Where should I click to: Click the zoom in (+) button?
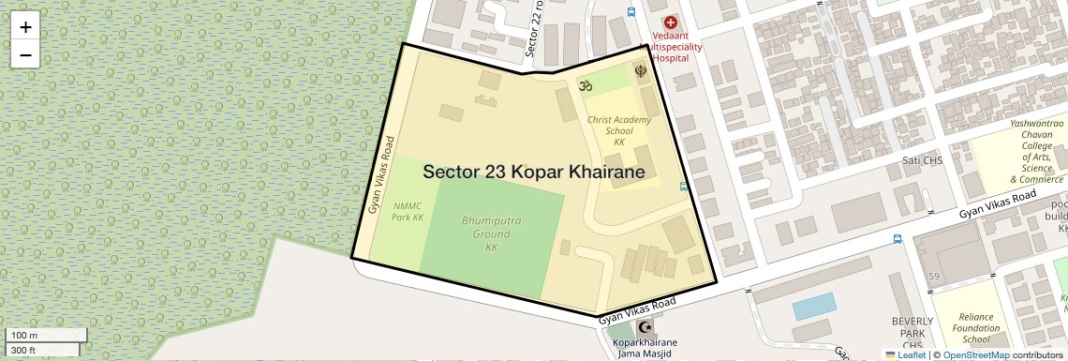point(25,27)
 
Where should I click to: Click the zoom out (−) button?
point(25,55)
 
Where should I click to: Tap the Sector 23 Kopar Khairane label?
point(533,173)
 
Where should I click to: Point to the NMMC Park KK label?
point(408,211)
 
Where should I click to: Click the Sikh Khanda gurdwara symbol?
point(641,70)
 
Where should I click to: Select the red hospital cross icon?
point(669,21)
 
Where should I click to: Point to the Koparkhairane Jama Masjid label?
point(645,348)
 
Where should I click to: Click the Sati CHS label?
point(914,161)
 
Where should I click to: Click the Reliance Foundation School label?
point(975,328)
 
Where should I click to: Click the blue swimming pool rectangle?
point(813,306)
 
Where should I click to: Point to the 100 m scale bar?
point(44,335)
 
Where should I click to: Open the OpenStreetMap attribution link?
point(975,354)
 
